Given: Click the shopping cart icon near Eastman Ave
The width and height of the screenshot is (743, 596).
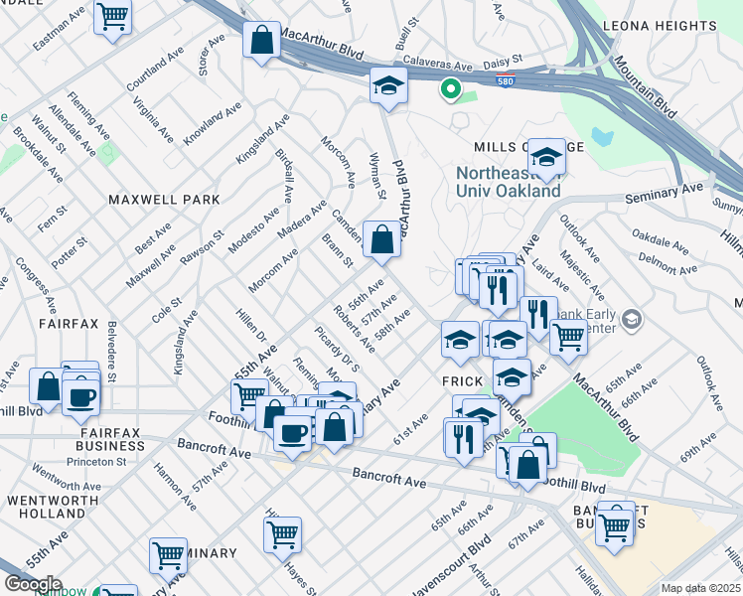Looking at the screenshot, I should coord(112,15).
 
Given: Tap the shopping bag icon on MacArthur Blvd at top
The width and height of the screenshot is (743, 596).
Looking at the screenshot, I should coord(261,41).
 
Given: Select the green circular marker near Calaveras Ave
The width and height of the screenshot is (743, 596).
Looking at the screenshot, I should coord(450,90).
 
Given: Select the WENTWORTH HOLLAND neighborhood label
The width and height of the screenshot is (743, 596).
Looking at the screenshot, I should coord(45,506).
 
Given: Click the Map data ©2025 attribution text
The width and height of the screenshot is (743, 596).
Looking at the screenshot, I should coord(700,588).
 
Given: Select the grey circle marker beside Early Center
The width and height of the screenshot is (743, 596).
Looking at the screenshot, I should coord(635,319).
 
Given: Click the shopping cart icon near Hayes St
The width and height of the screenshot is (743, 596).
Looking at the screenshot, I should coord(282,533).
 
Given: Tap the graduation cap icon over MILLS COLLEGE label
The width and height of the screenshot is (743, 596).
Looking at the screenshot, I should coord(545,155).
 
